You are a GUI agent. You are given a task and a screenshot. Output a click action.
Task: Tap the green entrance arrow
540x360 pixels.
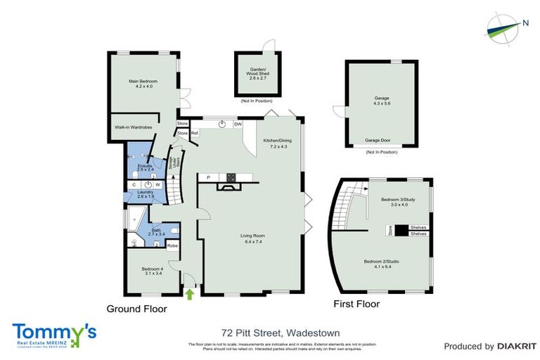coord(189,294)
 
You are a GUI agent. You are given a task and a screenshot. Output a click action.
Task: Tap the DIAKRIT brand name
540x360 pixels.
coord(512,346)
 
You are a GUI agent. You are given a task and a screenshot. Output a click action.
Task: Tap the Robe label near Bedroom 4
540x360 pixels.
coord(172,245)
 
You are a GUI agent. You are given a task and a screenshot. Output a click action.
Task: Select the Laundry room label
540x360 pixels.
coord(146,193)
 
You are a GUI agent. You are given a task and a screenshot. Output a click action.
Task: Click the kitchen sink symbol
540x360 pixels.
coord(222,124)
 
